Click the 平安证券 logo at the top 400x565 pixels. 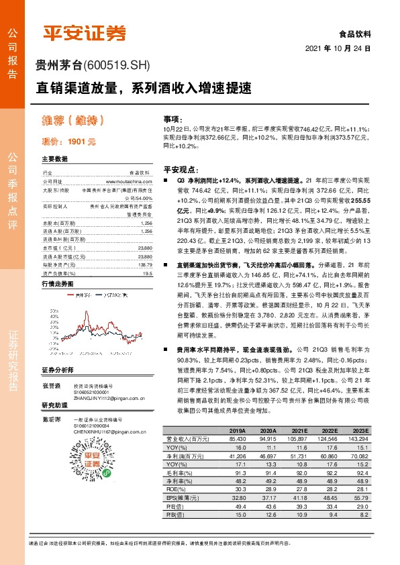pyautogui.click(x=84, y=33)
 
